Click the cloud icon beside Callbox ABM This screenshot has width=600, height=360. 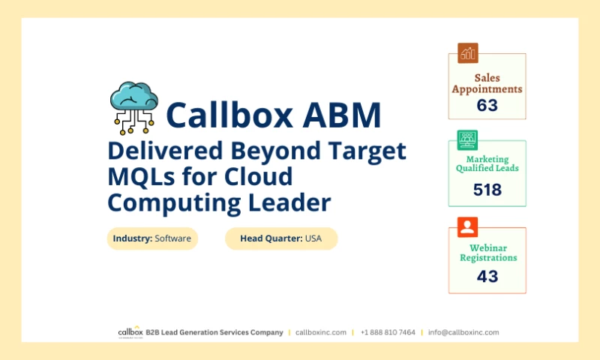134,107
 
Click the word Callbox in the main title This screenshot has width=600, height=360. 226,115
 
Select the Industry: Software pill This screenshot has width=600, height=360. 152,238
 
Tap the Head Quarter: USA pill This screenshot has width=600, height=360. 281,238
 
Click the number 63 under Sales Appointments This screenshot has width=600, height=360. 487,105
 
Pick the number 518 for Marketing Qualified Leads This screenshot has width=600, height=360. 487,190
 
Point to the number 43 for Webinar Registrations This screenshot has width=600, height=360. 487,276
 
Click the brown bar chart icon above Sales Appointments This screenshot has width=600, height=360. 468,53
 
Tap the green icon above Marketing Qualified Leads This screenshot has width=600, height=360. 468,139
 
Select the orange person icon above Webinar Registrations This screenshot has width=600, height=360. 468,226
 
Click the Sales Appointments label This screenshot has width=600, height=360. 487,83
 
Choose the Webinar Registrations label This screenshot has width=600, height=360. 487,253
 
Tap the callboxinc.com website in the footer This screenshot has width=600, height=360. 321,332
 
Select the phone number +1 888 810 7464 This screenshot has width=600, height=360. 388,332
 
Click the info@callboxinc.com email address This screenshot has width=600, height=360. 463,332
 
